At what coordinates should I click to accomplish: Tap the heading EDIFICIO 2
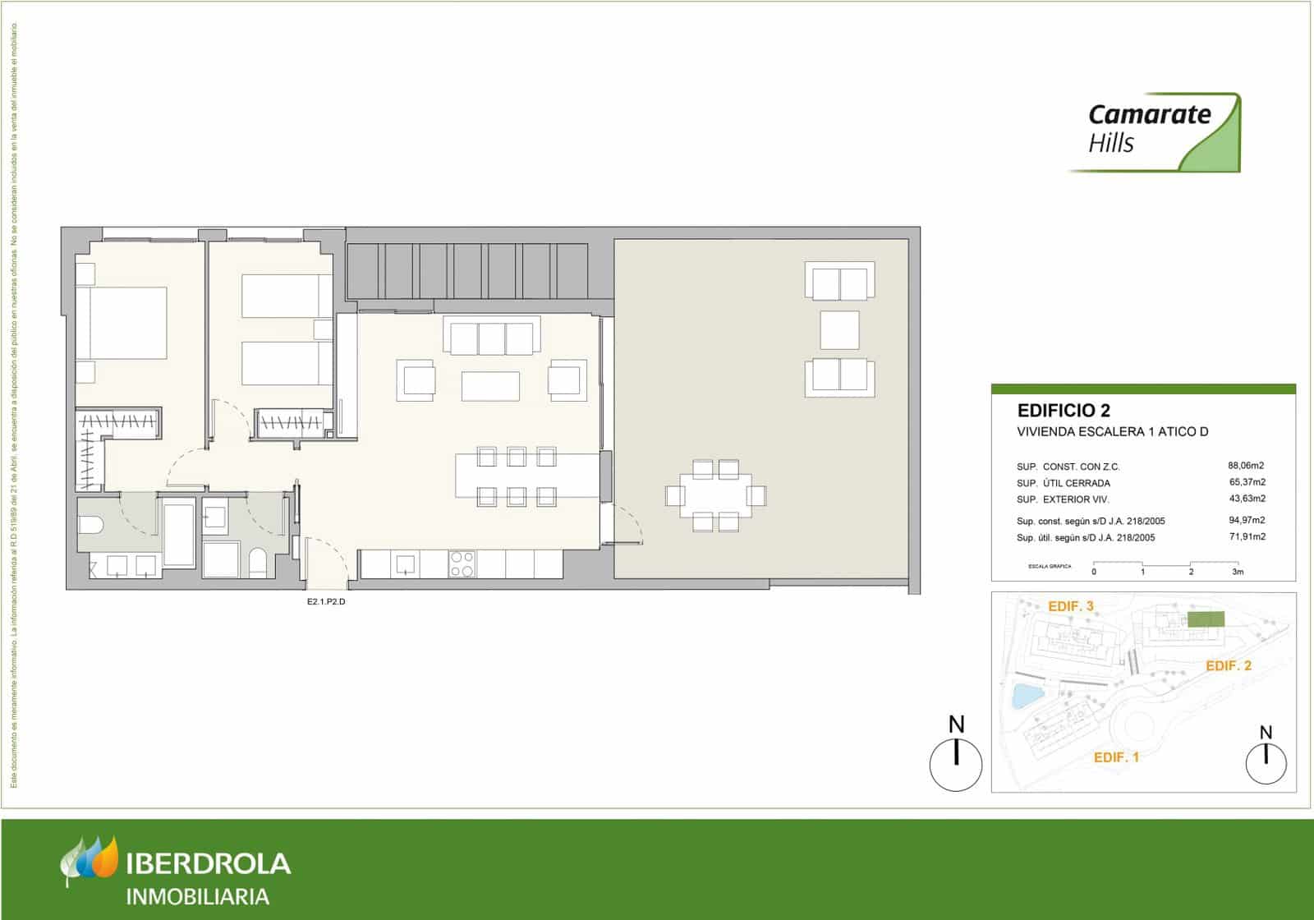1064,410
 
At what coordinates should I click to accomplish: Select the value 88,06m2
1246,465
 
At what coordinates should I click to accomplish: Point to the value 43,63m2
1246,499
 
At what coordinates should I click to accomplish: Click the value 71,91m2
1246,537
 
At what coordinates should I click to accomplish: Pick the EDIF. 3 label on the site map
1070,606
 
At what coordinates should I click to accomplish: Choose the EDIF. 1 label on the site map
1116,757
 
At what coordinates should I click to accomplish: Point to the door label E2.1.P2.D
327,601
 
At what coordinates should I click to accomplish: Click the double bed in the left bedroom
122,323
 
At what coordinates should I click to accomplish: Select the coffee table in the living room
490,386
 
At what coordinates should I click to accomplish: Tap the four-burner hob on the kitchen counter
462,563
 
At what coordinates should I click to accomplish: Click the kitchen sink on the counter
406,563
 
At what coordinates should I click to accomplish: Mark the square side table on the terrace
839,329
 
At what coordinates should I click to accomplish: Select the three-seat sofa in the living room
492,338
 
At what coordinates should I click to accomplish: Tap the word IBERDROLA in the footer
209,863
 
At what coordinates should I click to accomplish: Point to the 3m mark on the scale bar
1238,572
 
